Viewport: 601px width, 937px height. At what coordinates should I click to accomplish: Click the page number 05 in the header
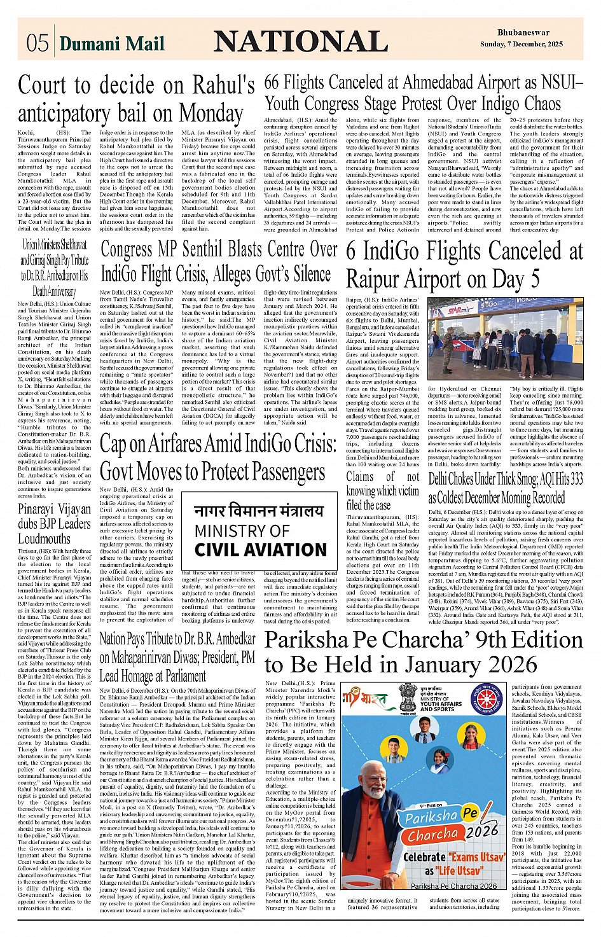point(38,43)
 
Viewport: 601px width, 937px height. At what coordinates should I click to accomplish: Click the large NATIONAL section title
point(301,41)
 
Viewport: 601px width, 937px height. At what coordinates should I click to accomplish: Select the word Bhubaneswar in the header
point(523,32)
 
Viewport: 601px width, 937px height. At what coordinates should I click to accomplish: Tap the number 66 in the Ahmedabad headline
point(272,82)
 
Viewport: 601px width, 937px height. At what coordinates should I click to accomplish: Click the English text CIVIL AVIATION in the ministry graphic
point(260,550)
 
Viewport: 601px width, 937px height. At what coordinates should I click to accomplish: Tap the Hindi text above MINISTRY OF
point(259,511)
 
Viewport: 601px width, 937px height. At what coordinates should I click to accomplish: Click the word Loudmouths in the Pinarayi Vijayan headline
point(45,538)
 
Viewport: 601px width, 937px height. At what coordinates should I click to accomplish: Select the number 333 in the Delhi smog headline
point(575,479)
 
